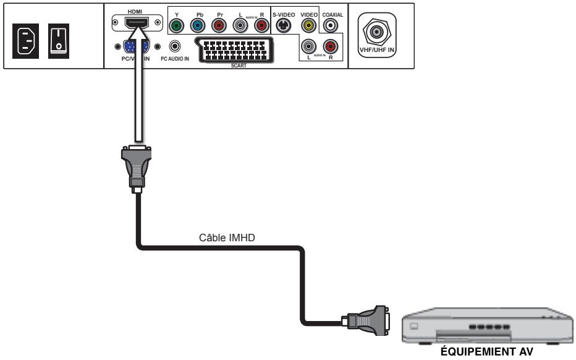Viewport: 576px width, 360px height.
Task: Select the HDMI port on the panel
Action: coord(135,24)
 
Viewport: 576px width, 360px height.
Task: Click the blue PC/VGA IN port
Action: coord(135,48)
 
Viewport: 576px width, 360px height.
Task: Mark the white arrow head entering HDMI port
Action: coord(135,37)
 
